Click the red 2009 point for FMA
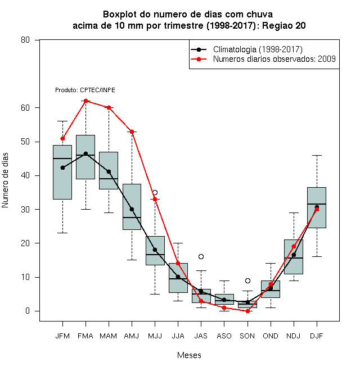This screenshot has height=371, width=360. [85, 101]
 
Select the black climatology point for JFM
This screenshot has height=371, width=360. [62, 168]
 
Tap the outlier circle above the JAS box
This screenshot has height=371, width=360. [201, 256]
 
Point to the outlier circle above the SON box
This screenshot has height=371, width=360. [247, 280]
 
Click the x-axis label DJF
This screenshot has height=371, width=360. [317, 336]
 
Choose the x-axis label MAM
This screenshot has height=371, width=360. [109, 336]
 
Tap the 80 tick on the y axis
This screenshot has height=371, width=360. [25, 40]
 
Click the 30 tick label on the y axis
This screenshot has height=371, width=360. [25, 210]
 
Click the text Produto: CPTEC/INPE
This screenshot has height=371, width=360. [85, 90]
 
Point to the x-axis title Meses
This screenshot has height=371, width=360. [189, 355]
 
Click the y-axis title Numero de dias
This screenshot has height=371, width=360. [5, 180]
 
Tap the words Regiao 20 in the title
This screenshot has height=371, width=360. [283, 25]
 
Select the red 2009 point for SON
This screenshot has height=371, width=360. [247, 311]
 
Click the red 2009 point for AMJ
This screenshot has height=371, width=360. [132, 132]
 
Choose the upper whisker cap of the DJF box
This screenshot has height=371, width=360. [317, 156]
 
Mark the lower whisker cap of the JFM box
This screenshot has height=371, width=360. [62, 233]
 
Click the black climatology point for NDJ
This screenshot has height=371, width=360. [294, 255]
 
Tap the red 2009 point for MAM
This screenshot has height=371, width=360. [109, 107]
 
